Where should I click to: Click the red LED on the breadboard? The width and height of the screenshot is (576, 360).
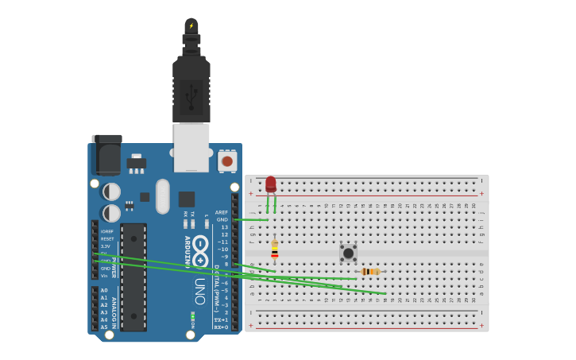pyautogui.click(x=271, y=184)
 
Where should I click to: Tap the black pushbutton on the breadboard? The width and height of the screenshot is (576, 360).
pyautogui.click(x=348, y=253)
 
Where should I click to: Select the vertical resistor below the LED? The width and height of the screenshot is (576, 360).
pyautogui.click(x=275, y=250)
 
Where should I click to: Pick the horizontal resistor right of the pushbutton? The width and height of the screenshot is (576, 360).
pyautogui.click(x=370, y=272)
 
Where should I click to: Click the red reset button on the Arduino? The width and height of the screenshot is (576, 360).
pyautogui.click(x=227, y=161)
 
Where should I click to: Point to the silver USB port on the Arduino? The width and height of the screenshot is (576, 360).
pyautogui.click(x=191, y=147)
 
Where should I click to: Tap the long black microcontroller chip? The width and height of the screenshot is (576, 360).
pyautogui.click(x=133, y=277)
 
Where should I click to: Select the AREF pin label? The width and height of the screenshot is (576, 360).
pyautogui.click(x=221, y=212)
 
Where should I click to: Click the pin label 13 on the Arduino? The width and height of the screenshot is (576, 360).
pyautogui.click(x=224, y=227)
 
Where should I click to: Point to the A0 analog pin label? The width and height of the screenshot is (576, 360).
pyautogui.click(x=104, y=291)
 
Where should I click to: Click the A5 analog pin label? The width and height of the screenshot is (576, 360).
pyautogui.click(x=104, y=327)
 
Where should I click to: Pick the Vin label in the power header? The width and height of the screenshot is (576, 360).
pyautogui.click(x=104, y=276)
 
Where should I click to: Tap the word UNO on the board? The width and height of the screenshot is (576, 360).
pyautogui.click(x=200, y=291)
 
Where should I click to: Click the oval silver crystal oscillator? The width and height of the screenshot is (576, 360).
pyautogui.click(x=163, y=195)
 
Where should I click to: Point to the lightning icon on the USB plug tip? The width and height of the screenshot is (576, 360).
pyautogui.click(x=191, y=25)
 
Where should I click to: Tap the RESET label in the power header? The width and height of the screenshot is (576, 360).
pyautogui.click(x=106, y=238)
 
